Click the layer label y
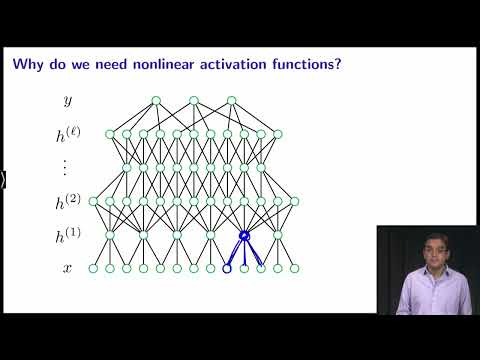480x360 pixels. tap(68, 101)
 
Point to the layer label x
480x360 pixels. tap(68, 268)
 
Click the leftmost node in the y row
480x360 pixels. tap(156, 100)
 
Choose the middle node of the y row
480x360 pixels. tap(194, 100)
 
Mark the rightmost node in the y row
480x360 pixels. tap(232, 100)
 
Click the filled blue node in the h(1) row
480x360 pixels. tap(243, 235)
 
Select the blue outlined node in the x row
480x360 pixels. tap(227, 268)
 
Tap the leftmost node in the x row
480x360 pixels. tap(93, 268)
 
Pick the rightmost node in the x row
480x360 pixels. tap(294, 268)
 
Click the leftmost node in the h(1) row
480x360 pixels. tap(110, 235)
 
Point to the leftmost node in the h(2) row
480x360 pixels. tap(93, 201)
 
